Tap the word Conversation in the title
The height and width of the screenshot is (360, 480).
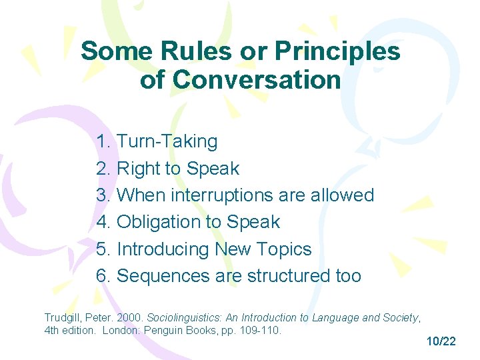point(257,80)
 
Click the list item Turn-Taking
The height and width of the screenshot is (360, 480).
point(167,141)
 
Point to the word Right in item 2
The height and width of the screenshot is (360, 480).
point(139,169)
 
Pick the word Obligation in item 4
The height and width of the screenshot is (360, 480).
point(161,222)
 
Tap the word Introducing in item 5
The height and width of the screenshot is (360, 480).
point(163,249)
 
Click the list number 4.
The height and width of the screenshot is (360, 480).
point(103,222)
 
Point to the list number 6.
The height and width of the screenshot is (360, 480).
point(103,276)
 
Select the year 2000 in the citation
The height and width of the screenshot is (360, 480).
point(130,317)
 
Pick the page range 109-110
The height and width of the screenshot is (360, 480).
point(258,330)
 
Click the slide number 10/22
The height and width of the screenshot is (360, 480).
point(441,341)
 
